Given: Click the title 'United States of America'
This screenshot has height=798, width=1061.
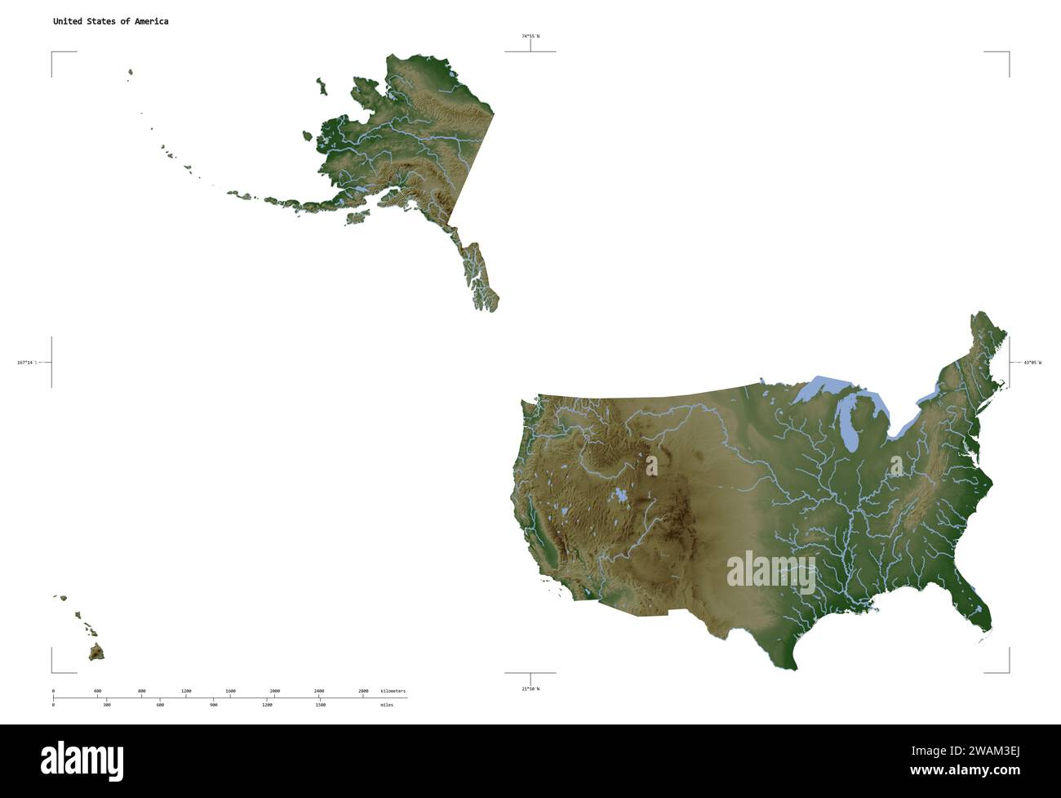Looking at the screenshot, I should (110, 21).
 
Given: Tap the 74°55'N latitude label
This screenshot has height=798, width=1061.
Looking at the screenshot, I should (530, 36).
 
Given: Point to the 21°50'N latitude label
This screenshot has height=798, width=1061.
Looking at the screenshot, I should (530, 689).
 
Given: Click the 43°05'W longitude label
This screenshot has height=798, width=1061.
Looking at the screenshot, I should (1032, 362).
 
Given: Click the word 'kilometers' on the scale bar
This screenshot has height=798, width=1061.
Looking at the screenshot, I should (393, 691).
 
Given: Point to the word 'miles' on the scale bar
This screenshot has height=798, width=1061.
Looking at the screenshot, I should (386, 704).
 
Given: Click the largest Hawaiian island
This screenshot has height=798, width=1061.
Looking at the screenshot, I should (96, 652).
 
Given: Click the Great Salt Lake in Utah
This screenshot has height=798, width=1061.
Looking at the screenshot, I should (621, 495).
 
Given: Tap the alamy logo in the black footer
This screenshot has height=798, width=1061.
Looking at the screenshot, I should (82, 760).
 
